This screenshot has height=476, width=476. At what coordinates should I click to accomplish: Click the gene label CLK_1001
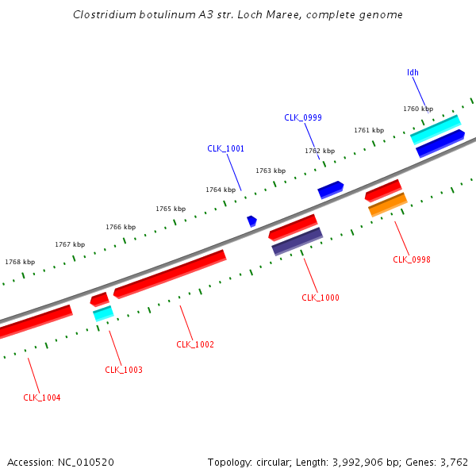point(226,148)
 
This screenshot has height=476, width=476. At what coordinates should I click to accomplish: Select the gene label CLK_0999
point(303,117)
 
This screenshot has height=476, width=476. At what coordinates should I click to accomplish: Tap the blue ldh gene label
point(413,72)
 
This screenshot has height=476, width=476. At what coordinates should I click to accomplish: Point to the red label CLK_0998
point(412,259)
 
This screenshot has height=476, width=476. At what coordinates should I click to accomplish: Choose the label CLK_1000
point(321,297)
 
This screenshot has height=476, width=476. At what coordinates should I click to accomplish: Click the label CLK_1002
point(195,344)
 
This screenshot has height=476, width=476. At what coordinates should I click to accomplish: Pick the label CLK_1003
point(124,370)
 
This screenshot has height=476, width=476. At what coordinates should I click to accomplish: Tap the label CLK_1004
point(42,397)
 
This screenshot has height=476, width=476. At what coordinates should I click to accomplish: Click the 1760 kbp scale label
point(418,109)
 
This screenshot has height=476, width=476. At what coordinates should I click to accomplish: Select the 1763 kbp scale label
point(271,171)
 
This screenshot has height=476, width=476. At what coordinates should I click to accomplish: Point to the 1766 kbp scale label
point(121,227)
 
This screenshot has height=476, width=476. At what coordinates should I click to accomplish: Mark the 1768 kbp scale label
point(20,262)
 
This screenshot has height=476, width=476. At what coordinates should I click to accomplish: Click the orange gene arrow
point(388,205)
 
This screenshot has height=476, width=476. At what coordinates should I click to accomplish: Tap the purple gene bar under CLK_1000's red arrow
point(297,241)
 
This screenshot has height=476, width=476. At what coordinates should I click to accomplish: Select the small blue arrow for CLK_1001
point(251,221)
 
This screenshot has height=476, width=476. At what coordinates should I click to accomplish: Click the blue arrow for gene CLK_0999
point(330,190)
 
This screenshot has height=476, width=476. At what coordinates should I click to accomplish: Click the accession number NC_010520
point(86,462)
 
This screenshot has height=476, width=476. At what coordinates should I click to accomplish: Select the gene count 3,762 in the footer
point(454,462)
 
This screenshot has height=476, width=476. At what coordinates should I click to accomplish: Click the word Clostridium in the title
point(104,14)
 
